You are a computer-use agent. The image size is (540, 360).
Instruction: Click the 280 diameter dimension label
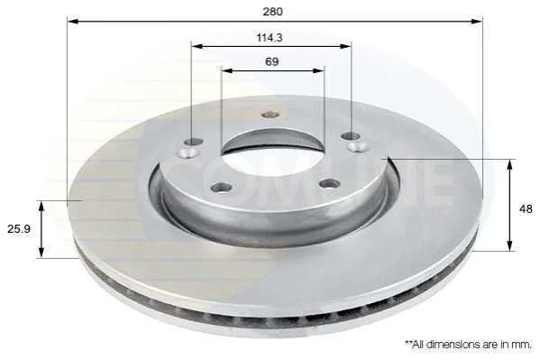click(272, 12)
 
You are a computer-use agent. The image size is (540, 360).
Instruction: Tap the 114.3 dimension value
click(270, 38)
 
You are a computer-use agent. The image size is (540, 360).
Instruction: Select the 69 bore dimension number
click(271, 61)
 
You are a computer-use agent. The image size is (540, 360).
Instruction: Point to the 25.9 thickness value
click(19, 228)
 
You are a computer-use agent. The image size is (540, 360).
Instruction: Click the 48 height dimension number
click(526, 208)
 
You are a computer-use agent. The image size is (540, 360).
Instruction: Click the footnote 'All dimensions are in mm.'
click(469, 344)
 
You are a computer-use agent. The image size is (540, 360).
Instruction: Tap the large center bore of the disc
click(272, 156)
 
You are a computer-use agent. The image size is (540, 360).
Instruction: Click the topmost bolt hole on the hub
click(270, 115)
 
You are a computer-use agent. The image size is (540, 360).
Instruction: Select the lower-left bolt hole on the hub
click(222, 188)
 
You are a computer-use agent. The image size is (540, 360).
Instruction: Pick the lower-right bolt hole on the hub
click(329, 183)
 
